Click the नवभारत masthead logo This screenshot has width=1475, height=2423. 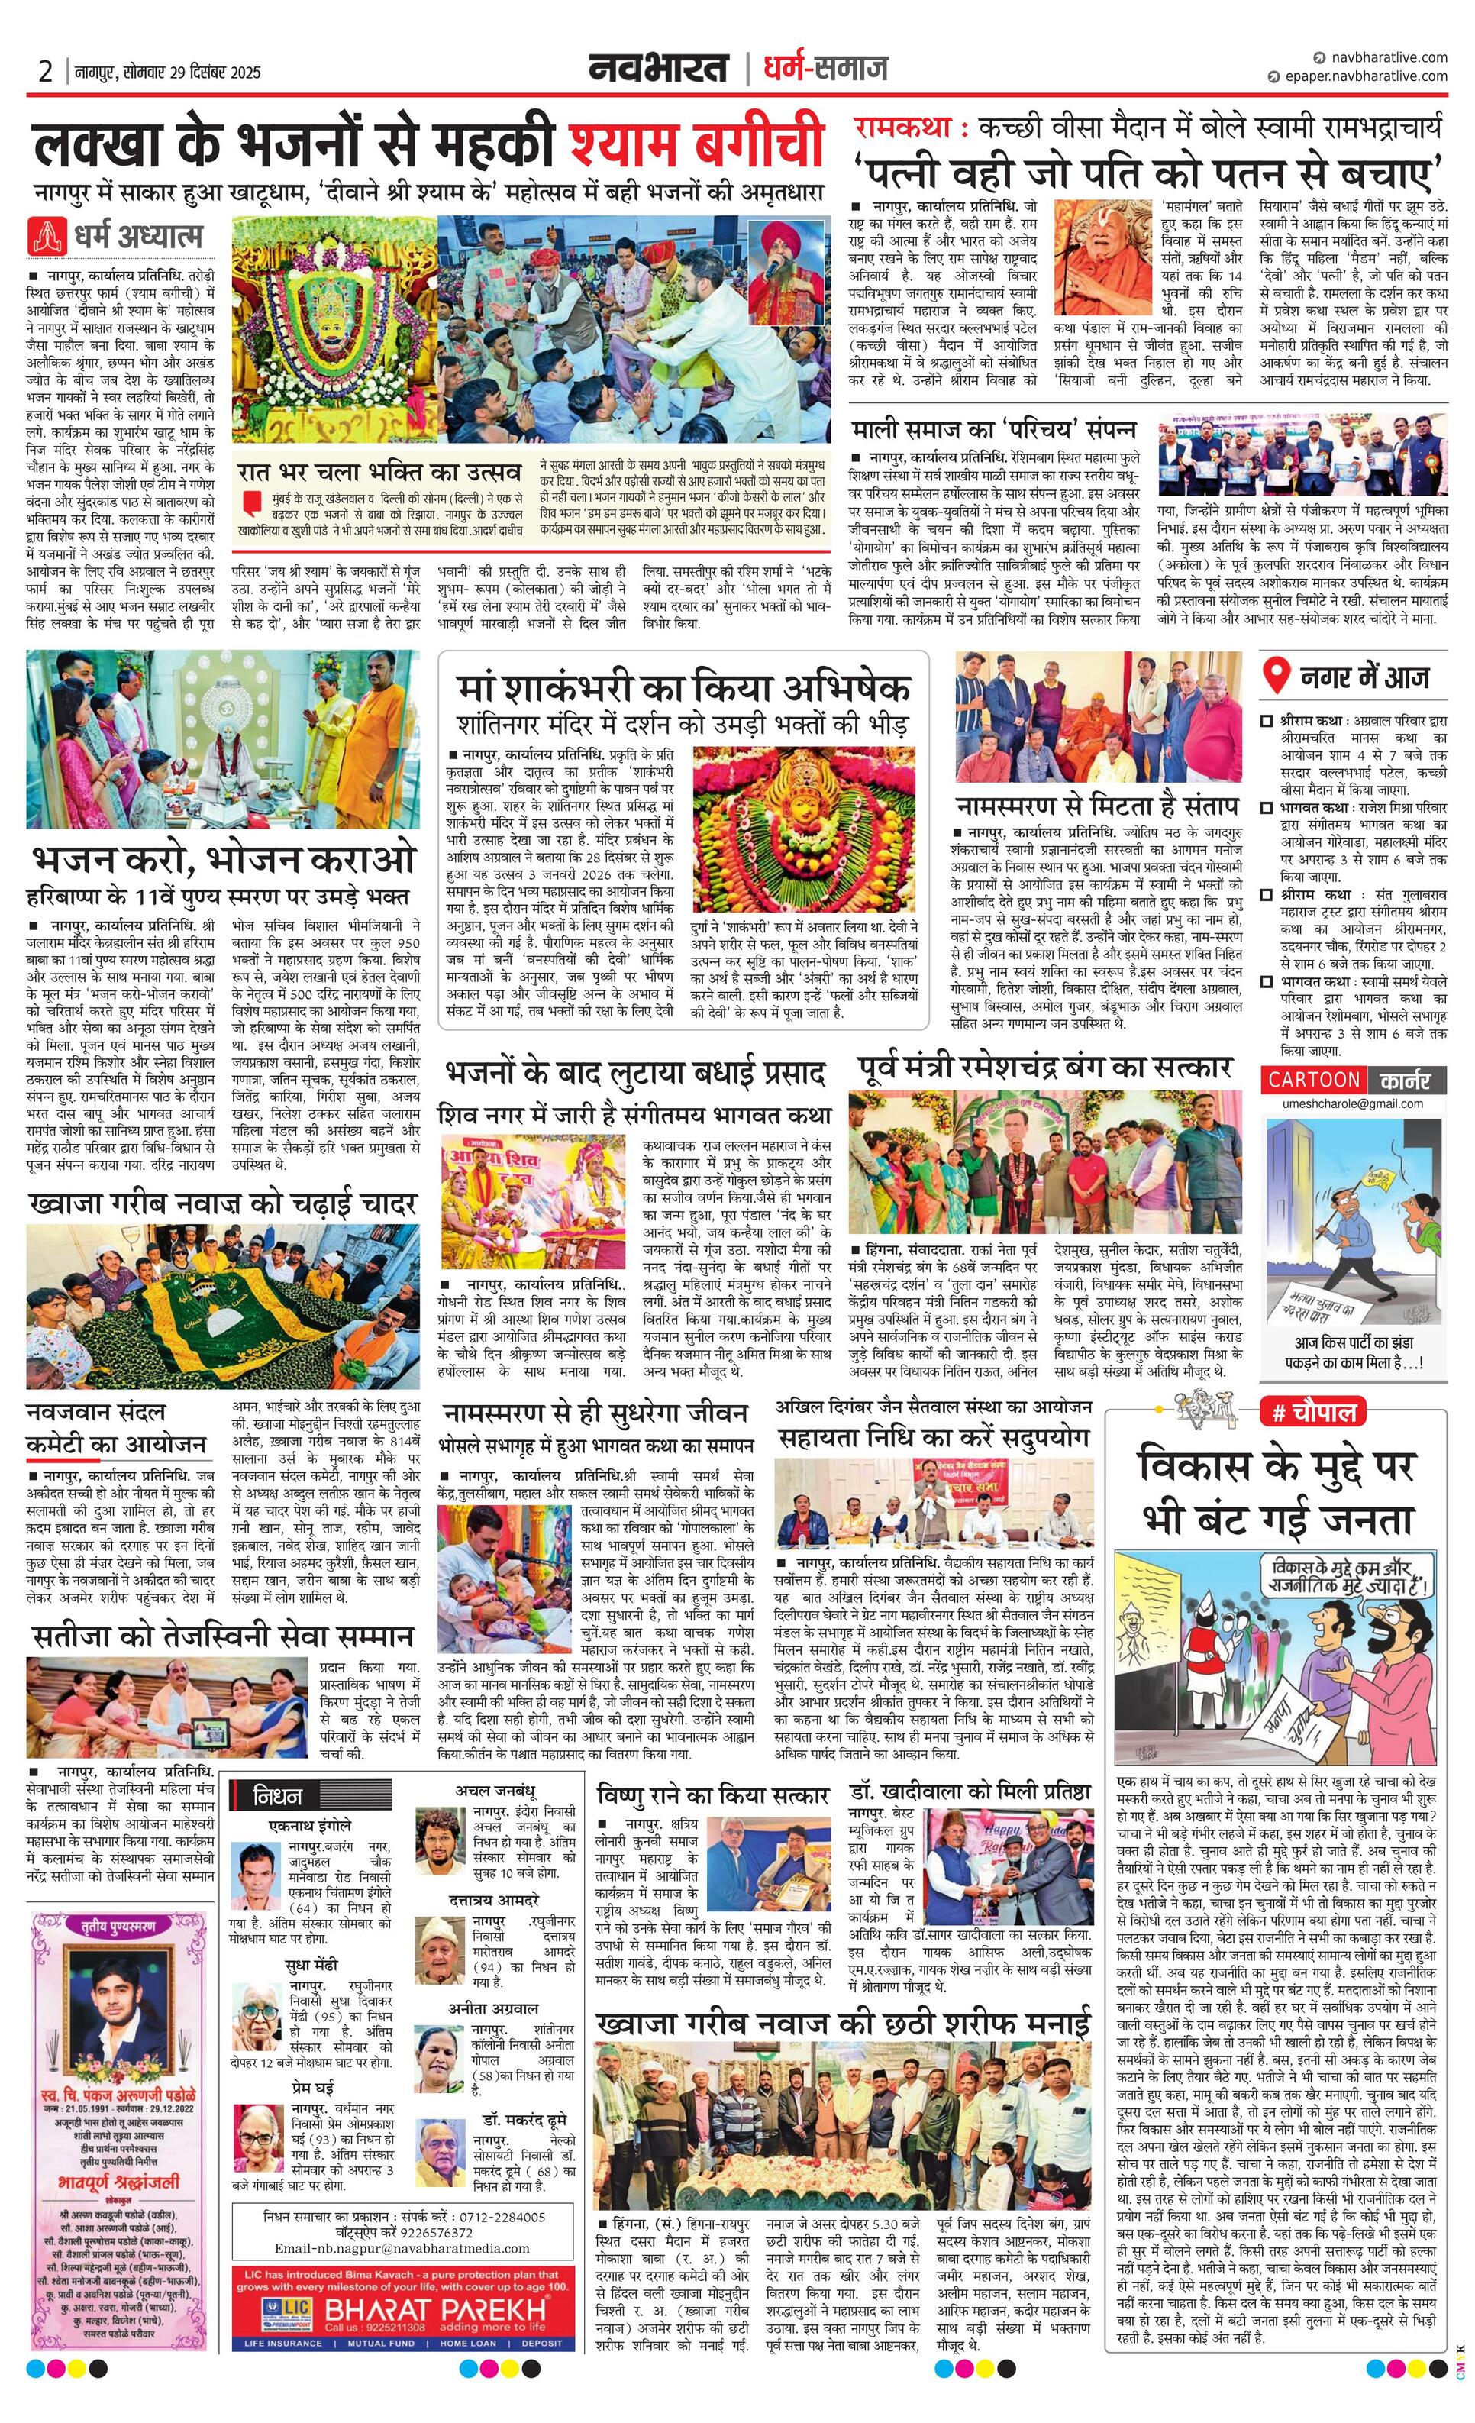point(658,68)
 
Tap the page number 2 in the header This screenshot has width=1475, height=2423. point(45,72)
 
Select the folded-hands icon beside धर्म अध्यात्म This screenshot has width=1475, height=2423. point(45,236)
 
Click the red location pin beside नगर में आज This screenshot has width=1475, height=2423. point(1276,677)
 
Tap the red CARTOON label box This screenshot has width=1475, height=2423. point(1312,1080)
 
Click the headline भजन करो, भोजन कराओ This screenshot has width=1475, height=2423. point(222,859)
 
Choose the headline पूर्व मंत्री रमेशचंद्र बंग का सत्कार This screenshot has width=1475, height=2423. point(1044,1067)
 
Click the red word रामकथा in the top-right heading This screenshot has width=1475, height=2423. point(901,128)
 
